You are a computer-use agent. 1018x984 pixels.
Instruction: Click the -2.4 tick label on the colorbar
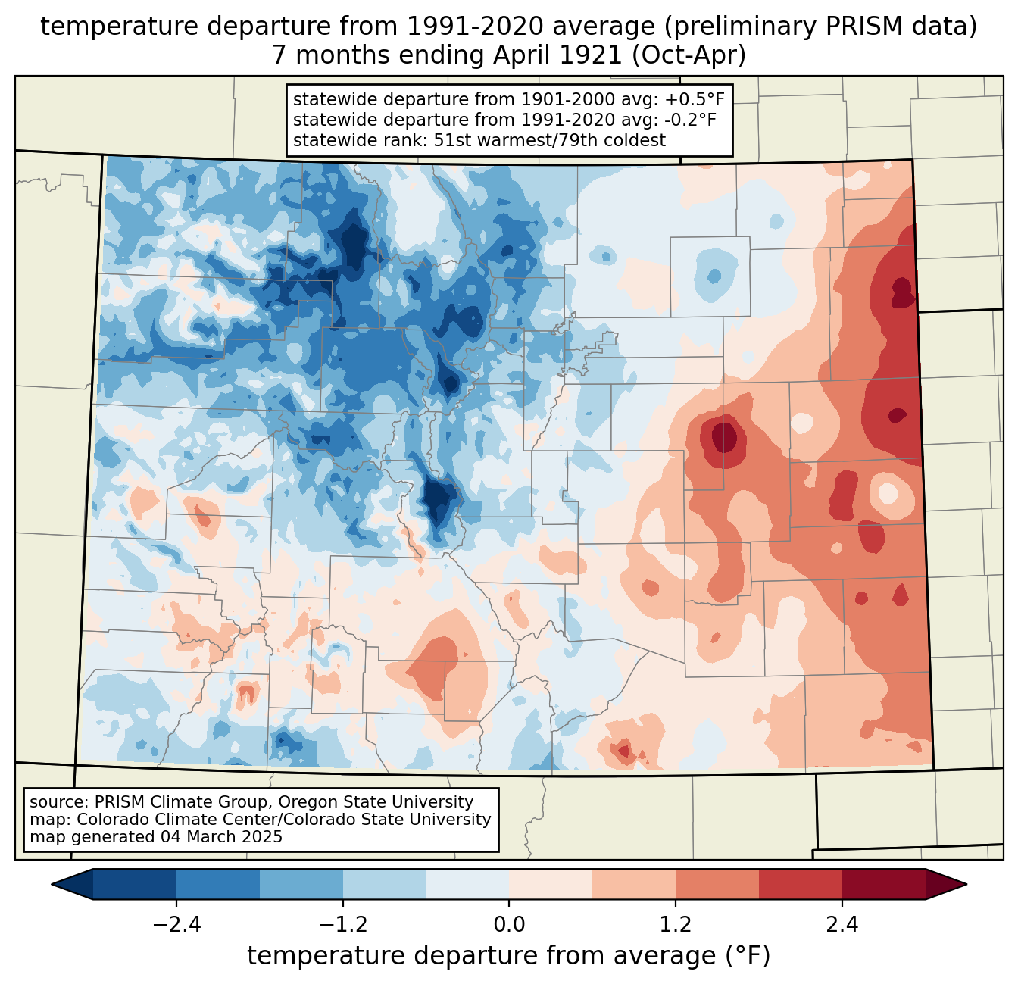pos(176,925)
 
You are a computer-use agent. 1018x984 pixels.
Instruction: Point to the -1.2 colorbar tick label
pos(342,925)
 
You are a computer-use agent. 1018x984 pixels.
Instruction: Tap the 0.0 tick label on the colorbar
pos(509,925)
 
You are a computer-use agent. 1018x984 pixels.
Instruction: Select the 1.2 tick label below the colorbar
pos(676,925)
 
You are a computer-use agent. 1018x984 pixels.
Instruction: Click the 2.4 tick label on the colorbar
pos(842,925)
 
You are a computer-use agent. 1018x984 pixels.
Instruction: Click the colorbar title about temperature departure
pos(508,956)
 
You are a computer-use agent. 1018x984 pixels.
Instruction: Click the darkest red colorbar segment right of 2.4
pos(883,884)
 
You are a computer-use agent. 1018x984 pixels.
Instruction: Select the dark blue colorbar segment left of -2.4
pos(135,884)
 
